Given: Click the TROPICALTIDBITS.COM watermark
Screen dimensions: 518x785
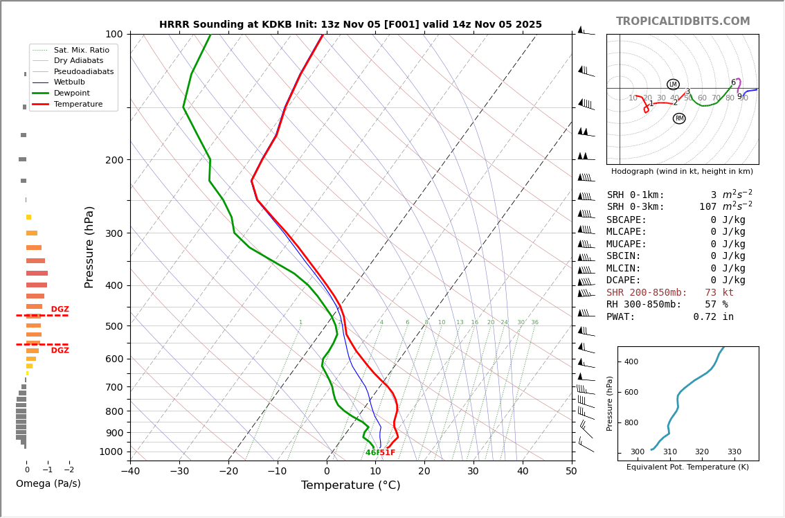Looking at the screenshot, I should [x=683, y=21].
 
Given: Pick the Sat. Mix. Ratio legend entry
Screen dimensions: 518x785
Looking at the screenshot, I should [x=81, y=50].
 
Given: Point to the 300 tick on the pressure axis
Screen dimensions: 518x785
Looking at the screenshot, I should [x=114, y=233].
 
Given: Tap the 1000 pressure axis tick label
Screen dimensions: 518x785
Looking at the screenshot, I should [x=111, y=452].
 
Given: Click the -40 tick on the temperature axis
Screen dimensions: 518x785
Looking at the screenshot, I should [x=130, y=472].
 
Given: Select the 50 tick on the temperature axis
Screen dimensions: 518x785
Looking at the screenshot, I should [x=571, y=472].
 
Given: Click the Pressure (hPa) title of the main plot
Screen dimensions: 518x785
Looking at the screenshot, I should [x=89, y=247].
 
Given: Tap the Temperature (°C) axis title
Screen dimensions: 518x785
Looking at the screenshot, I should [x=350, y=485].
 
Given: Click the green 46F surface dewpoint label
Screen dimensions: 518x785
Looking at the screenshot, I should [x=372, y=453].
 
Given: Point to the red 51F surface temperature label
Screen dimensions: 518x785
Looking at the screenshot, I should [x=387, y=453].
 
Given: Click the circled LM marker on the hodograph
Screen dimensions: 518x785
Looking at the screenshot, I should [x=673, y=84].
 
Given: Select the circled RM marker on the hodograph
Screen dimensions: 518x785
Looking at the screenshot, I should [x=679, y=118].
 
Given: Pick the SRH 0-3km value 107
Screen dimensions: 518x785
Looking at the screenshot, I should [x=707, y=207].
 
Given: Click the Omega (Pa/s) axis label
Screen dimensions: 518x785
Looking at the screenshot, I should [x=48, y=484].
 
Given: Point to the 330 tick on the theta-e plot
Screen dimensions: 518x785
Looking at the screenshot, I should [x=734, y=452].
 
